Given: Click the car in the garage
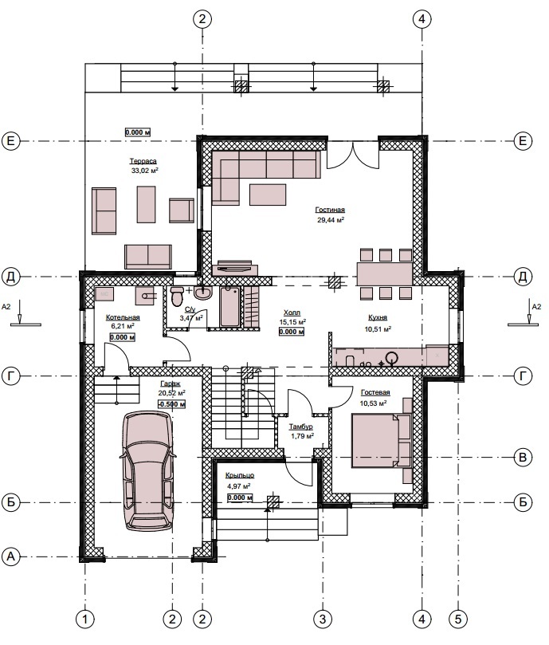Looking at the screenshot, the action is click(x=147, y=471).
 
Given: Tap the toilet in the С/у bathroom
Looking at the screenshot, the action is click(x=178, y=297).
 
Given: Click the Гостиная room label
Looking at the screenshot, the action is click(x=330, y=210).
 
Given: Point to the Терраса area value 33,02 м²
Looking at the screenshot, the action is click(x=145, y=171).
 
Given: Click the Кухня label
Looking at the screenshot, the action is click(x=378, y=317).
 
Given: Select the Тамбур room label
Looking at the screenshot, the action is click(x=300, y=427).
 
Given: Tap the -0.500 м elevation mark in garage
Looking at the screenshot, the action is click(x=171, y=404).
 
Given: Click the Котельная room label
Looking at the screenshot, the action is click(x=123, y=317).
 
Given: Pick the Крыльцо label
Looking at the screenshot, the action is click(x=240, y=475).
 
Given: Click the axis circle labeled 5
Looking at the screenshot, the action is click(x=458, y=619).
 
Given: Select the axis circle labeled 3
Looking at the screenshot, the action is click(x=323, y=619).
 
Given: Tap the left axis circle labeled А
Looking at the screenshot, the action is click(x=10, y=557).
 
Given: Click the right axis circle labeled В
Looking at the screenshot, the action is click(x=523, y=457).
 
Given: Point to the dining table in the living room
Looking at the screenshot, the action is click(x=385, y=274).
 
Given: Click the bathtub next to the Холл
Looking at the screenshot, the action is click(x=230, y=307).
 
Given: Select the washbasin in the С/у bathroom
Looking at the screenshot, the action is click(x=202, y=293).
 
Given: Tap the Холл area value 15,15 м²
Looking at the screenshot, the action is click(x=292, y=321).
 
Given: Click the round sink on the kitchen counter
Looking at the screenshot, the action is click(x=392, y=356).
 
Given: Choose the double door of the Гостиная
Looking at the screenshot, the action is click(x=353, y=154).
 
